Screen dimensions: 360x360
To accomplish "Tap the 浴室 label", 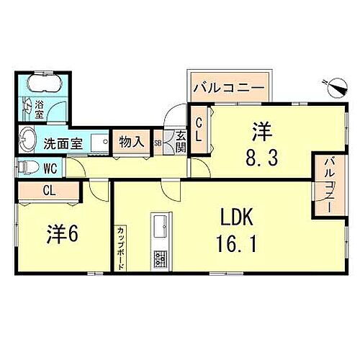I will coord(40,109).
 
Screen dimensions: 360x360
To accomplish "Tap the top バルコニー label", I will coord(231,89).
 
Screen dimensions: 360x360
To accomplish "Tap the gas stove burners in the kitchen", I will coord(159,258).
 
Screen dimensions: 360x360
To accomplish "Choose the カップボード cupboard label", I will coord(121,247).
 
